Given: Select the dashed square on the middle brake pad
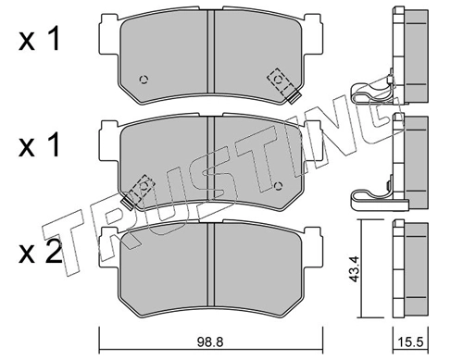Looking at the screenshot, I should pos(144,186).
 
